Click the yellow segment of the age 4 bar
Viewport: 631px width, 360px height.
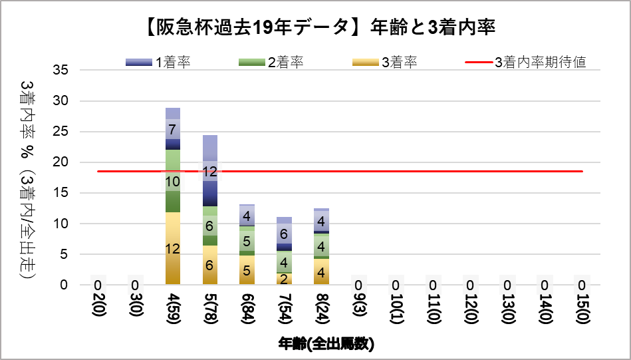[173, 248]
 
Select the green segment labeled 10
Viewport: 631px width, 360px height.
[173, 181]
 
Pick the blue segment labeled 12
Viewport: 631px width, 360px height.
[210, 171]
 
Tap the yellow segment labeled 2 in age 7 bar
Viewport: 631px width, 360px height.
[284, 279]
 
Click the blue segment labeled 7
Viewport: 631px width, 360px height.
[173, 129]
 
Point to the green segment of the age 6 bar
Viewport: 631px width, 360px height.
[247, 241]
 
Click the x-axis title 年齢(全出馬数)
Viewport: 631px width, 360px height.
[325, 343]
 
